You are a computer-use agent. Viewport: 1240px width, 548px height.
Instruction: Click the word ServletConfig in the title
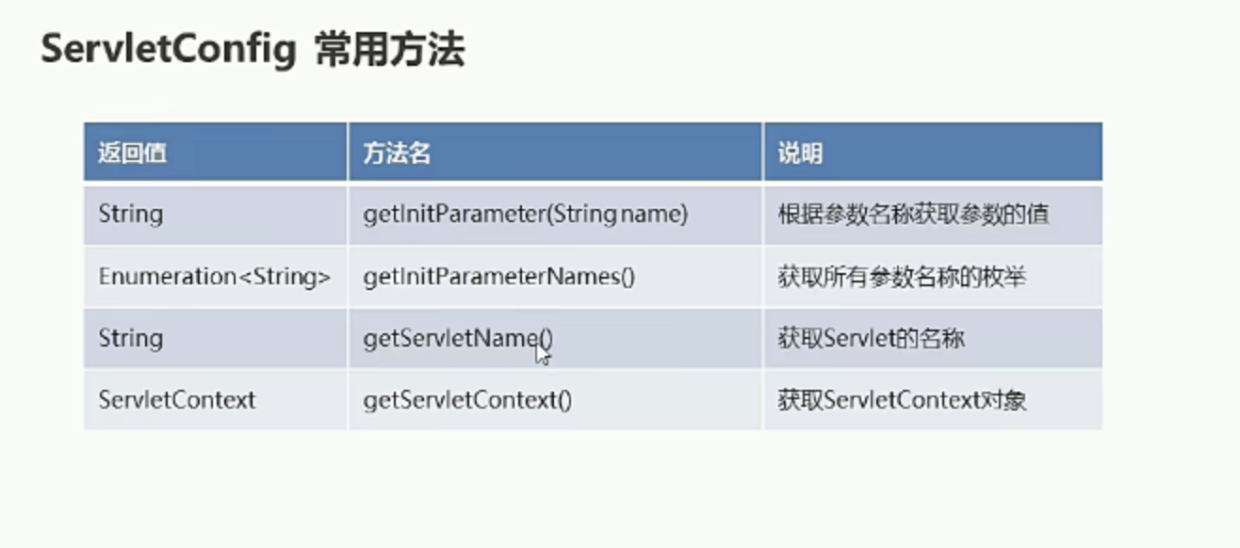pos(169,50)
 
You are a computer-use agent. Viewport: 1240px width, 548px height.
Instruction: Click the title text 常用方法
pos(390,50)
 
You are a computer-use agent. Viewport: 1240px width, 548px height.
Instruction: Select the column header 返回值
pos(132,153)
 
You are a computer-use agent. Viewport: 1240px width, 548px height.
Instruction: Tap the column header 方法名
pos(397,153)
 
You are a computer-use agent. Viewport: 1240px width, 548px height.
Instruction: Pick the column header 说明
pos(800,153)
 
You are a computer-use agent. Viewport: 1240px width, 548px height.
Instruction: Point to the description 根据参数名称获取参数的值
pos(913,215)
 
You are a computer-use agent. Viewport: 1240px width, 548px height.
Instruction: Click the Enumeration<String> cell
pos(215,277)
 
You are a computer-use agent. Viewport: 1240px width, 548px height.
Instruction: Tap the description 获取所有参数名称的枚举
pos(902,277)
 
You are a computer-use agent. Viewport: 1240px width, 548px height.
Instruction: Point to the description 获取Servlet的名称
pos(871,338)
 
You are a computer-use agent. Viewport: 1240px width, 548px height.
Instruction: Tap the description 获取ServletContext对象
pos(903,400)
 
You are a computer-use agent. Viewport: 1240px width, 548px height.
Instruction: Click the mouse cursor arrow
pos(542,354)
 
